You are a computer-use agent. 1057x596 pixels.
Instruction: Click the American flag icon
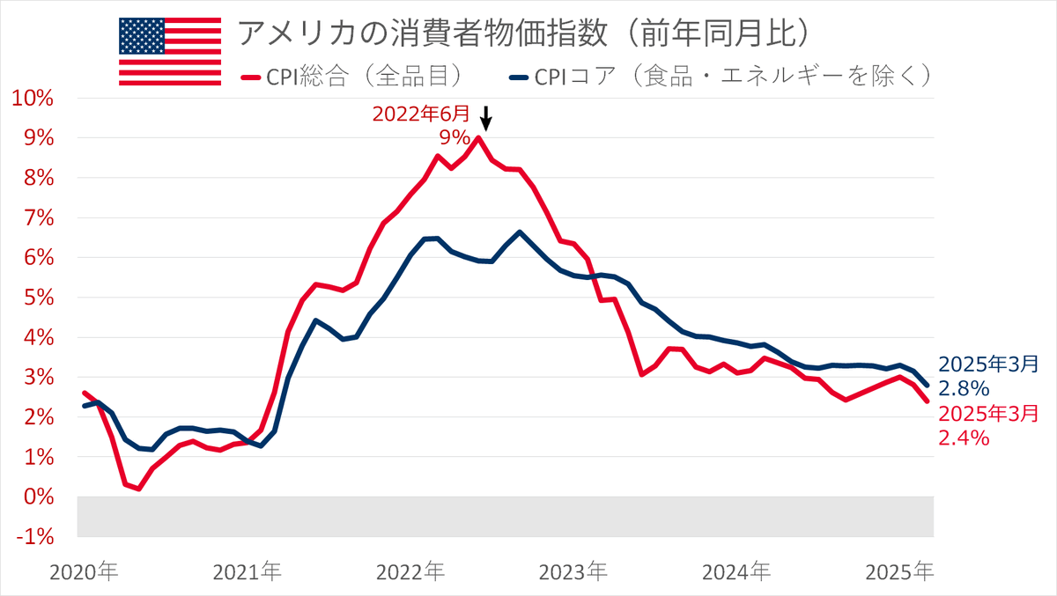(x=170, y=51)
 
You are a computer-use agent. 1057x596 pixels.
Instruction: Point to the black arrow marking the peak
(x=484, y=118)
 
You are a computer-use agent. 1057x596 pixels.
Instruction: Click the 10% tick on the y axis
(x=33, y=98)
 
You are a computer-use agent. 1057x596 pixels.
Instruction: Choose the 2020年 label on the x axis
(x=84, y=572)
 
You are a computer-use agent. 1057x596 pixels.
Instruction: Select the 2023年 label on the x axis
(x=573, y=572)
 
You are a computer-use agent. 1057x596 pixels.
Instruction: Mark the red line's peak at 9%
(x=478, y=137)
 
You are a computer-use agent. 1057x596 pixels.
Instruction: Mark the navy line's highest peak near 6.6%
(x=520, y=232)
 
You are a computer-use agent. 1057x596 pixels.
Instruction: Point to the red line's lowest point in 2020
(x=139, y=489)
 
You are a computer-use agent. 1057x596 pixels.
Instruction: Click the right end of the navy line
(x=927, y=385)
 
